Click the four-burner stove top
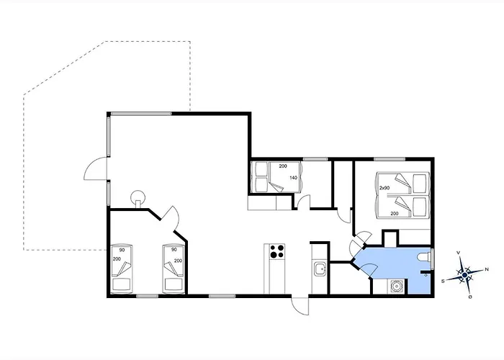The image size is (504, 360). [x=277, y=251]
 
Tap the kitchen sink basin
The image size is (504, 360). [x=320, y=269]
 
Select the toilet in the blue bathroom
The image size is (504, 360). [x=424, y=258]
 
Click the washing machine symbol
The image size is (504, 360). [x=396, y=286]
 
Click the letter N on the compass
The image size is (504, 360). [x=487, y=269]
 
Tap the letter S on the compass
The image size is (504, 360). [x=443, y=281]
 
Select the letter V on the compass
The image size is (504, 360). [x=459, y=253]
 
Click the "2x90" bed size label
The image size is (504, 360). [x=384, y=188]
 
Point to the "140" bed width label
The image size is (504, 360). [x=293, y=178]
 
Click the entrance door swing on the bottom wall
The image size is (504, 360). [x=300, y=306]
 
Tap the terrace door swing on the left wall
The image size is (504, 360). [x=96, y=168]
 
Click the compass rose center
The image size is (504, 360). [x=464, y=275]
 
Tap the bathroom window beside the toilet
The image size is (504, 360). [x=432, y=258]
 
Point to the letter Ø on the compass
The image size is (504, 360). [x=470, y=297]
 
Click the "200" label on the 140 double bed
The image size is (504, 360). [x=283, y=166]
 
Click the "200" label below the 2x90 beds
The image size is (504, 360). [x=395, y=213]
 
